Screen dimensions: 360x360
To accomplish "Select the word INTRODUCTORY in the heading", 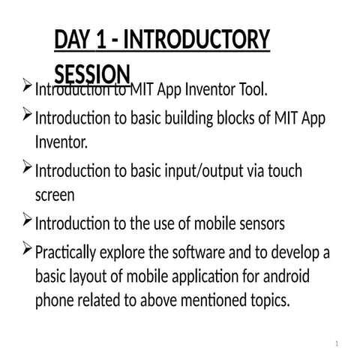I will click(198, 40).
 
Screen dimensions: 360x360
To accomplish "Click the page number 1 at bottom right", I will click(338, 344).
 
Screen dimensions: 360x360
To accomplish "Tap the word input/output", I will click(211, 171).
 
